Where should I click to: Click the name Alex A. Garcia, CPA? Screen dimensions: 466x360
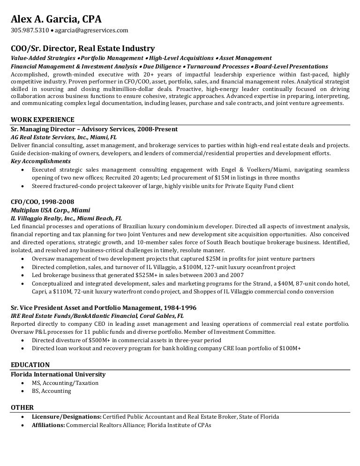(56, 19)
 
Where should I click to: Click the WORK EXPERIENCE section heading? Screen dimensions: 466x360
(42, 120)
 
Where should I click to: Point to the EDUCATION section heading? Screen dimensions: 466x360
(30, 365)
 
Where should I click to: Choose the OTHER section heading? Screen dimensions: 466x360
(22, 407)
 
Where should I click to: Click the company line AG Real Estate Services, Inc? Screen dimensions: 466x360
(63, 137)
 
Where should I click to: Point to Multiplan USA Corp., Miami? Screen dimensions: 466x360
(50, 210)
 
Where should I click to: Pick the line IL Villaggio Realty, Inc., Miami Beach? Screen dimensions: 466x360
(66, 218)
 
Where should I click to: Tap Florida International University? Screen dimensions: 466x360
(58, 375)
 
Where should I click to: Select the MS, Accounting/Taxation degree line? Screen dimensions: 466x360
(65, 383)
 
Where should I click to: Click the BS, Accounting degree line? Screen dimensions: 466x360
(52, 391)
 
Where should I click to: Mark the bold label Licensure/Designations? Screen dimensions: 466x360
(67, 417)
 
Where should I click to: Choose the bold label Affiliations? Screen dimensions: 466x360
(48, 425)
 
